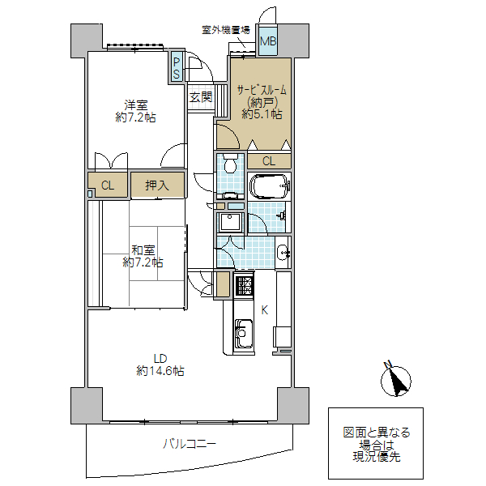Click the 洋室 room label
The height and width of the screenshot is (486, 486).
[135, 104]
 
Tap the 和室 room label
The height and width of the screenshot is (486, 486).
[143, 250]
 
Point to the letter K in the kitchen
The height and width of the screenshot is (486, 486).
[264, 309]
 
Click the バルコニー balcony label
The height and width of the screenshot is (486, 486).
[190, 444]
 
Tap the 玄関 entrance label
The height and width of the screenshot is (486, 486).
[200, 97]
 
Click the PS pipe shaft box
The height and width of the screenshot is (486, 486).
[176, 66]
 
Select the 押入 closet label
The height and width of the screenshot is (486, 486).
[156, 185]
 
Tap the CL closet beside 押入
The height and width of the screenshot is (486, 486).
[108, 185]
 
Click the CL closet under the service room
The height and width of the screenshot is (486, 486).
[268, 160]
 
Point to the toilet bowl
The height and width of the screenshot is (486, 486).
[230, 167]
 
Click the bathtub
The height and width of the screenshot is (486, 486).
[268, 187]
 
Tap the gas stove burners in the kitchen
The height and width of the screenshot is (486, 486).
[244, 285]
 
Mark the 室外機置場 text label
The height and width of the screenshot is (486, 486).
[225, 30]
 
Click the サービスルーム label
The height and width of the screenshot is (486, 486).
[261, 89]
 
